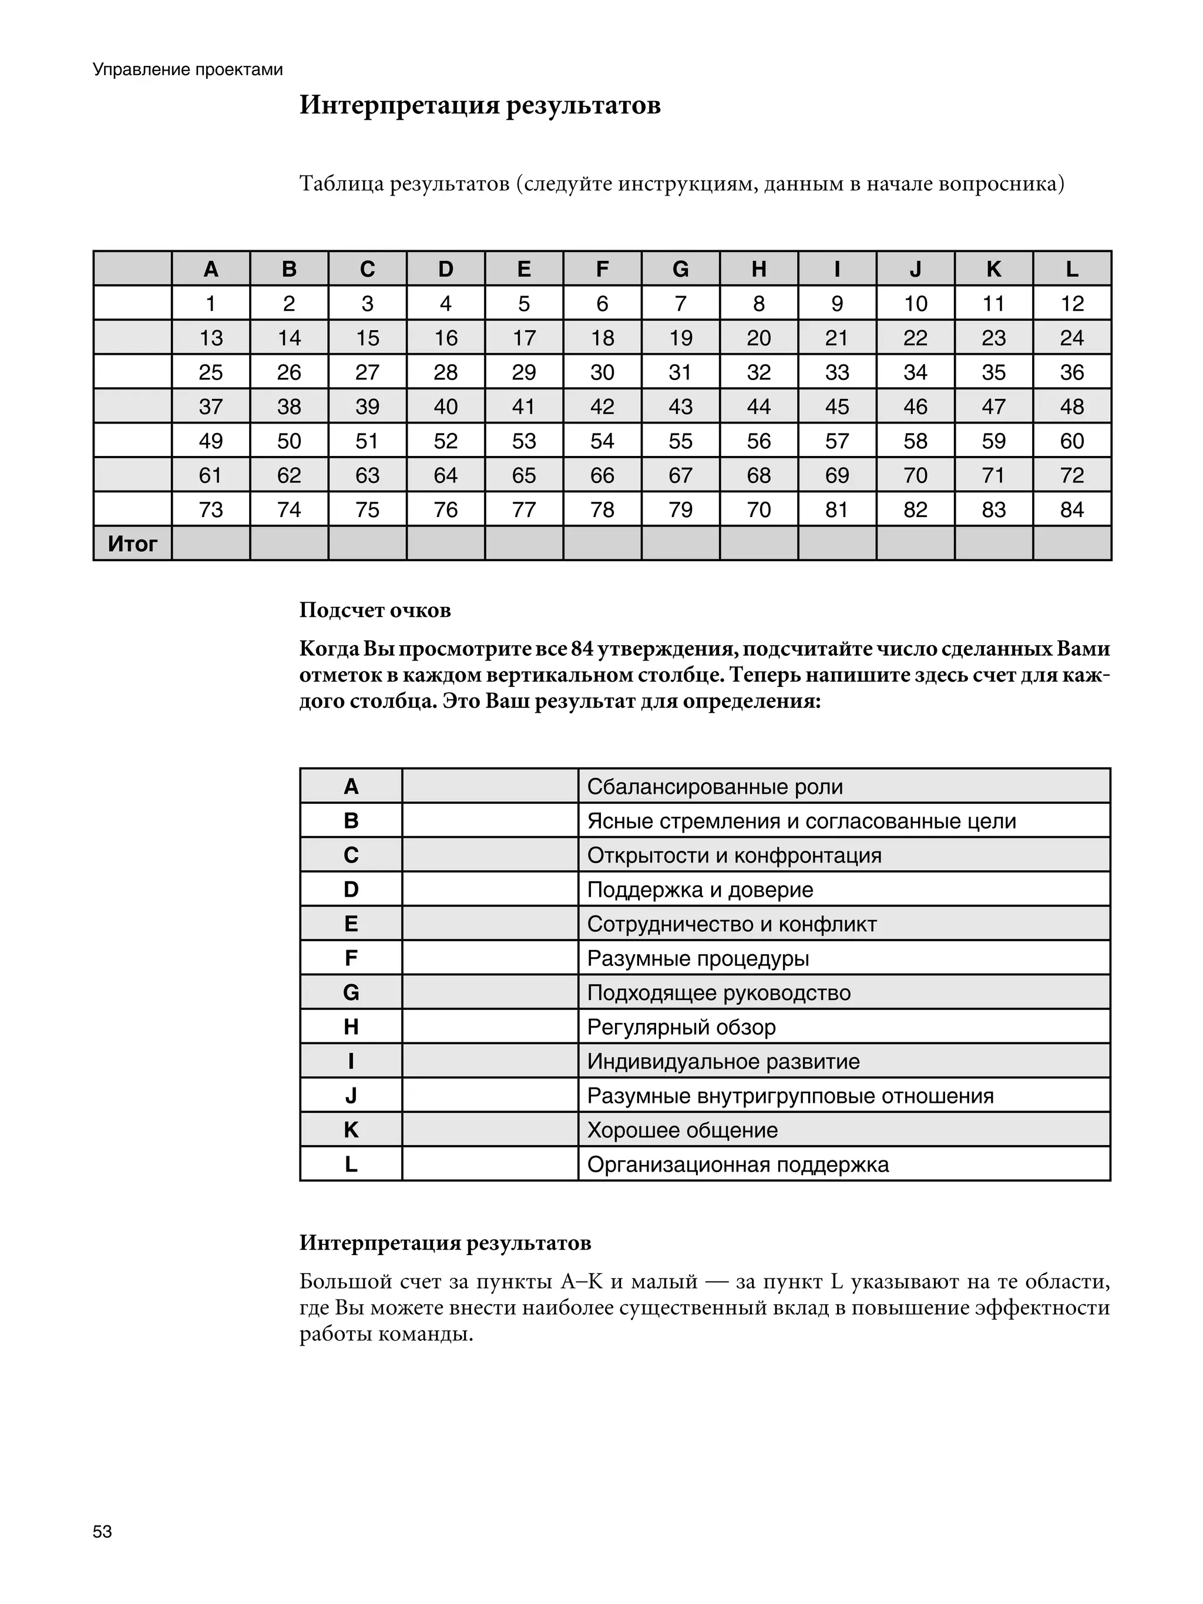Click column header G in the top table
pos(680,269)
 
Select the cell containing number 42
pos(602,406)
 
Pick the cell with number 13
pos(210,338)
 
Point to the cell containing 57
pos(837,441)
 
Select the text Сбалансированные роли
pos(714,787)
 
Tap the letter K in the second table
pos(351,1130)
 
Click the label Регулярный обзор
pos(681,1027)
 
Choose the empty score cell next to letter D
pos(489,890)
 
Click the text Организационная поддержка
pos(737,1165)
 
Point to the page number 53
pos(102,1532)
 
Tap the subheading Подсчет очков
pos(375,610)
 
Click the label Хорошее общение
pos(681,1130)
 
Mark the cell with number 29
pos(523,372)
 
